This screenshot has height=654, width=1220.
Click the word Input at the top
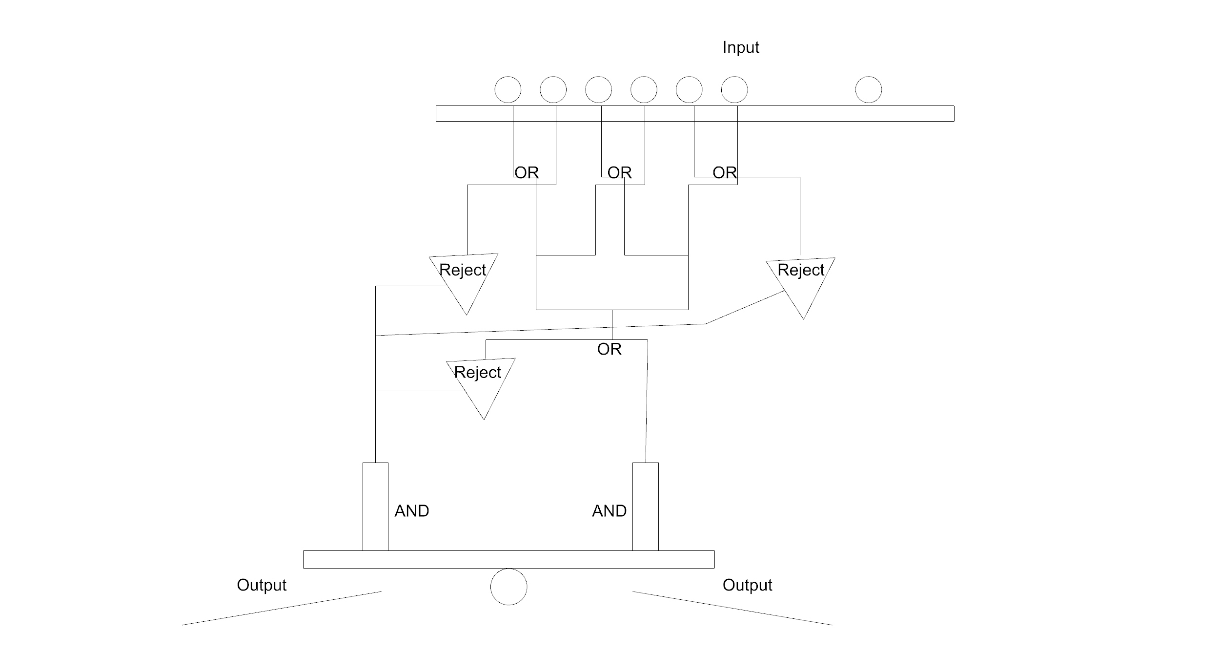click(x=740, y=47)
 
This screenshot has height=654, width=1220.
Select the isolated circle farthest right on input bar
click(x=868, y=90)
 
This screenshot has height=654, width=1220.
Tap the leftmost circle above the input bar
click(x=508, y=90)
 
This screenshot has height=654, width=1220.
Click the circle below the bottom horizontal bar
click(x=508, y=587)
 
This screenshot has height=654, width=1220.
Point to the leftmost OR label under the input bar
click(x=527, y=172)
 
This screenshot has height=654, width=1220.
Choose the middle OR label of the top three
click(x=619, y=172)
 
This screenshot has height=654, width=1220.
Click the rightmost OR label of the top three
click(x=725, y=172)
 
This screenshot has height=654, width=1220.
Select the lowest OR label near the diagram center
click(x=609, y=349)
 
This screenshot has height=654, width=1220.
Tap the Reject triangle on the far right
click(x=801, y=281)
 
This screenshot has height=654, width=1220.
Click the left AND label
click(x=411, y=511)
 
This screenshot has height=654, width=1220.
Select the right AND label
click(x=609, y=511)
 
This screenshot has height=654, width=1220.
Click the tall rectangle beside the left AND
click(x=375, y=506)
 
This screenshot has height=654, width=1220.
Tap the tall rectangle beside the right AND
click(x=645, y=506)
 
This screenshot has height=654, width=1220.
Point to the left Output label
click(x=261, y=585)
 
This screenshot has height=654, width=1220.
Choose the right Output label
click(x=747, y=585)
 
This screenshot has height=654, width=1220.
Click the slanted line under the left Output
click(x=282, y=609)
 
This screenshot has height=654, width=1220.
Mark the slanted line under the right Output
click(x=732, y=609)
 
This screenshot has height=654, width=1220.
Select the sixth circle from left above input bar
click(x=734, y=90)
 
